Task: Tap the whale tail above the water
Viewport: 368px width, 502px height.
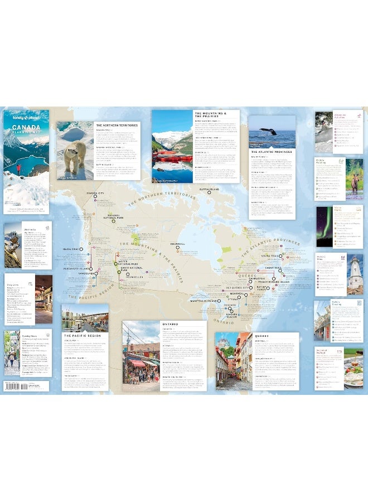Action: point(269,132)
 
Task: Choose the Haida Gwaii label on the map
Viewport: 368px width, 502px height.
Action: point(72,249)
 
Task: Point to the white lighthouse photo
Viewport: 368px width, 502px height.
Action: point(355,276)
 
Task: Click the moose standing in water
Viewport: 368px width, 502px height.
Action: point(354,178)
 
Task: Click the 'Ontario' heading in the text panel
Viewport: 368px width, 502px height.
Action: point(170,324)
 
